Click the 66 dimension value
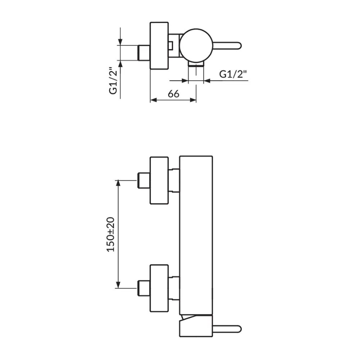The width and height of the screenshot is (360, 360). click(x=174, y=94)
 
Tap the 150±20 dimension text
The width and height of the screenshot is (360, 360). click(x=111, y=234)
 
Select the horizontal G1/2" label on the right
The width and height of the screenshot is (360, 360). click(x=233, y=74)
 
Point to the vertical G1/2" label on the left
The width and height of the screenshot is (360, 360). click(x=113, y=81)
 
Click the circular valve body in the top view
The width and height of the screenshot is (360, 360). click(x=196, y=45)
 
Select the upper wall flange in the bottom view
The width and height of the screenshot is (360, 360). click(x=159, y=180)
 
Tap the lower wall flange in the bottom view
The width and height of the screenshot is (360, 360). click(x=159, y=288)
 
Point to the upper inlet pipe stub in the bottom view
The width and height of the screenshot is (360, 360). click(x=144, y=180)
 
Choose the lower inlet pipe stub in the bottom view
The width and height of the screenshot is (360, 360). click(x=144, y=288)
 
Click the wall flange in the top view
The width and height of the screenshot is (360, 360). click(x=159, y=45)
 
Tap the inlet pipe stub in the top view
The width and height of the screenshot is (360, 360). click(x=144, y=53)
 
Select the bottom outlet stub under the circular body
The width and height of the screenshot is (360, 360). click(x=196, y=64)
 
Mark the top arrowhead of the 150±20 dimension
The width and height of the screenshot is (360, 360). click(x=118, y=183)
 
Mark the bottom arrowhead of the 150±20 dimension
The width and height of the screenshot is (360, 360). click(x=118, y=285)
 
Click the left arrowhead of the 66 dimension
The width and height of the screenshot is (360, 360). click(x=153, y=100)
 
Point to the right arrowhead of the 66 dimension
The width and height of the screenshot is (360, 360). click(x=193, y=100)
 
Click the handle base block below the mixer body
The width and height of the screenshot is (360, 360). click(x=196, y=326)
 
